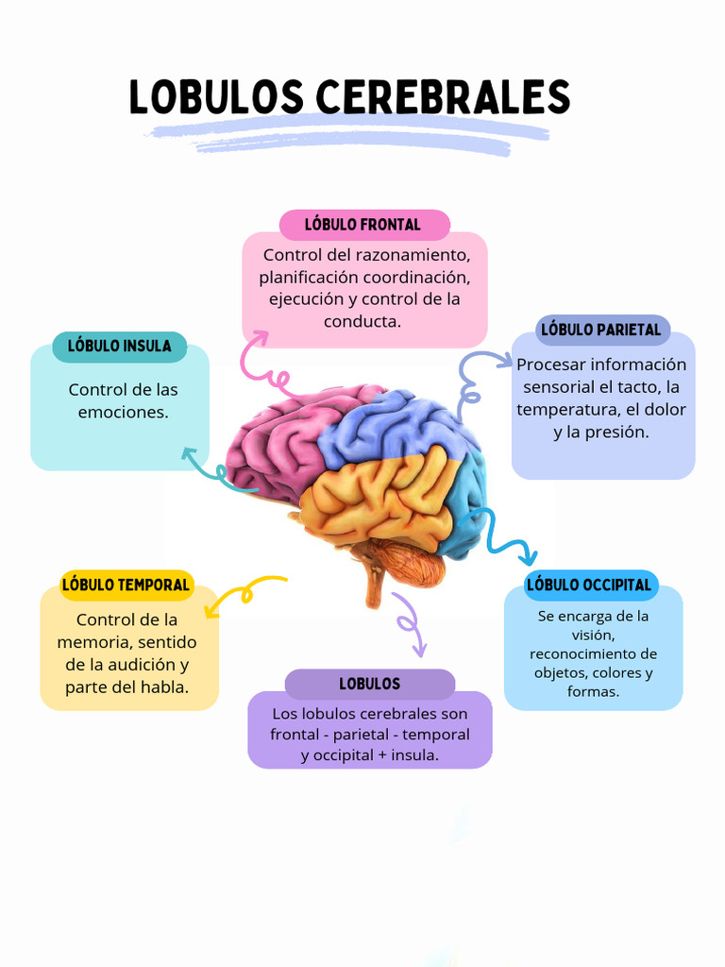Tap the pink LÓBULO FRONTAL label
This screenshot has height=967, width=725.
(363, 225)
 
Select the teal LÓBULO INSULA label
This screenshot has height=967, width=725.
(119, 347)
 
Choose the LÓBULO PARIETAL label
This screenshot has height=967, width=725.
(600, 330)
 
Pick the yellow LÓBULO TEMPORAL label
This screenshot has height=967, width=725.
(126, 585)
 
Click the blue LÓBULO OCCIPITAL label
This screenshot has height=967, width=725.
(589, 585)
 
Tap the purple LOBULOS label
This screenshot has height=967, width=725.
(369, 684)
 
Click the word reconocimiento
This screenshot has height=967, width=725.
(593, 653)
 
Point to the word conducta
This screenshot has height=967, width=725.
(362, 321)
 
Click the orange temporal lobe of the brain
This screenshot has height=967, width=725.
(378, 500)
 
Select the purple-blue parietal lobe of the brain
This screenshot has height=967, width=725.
(396, 425)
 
